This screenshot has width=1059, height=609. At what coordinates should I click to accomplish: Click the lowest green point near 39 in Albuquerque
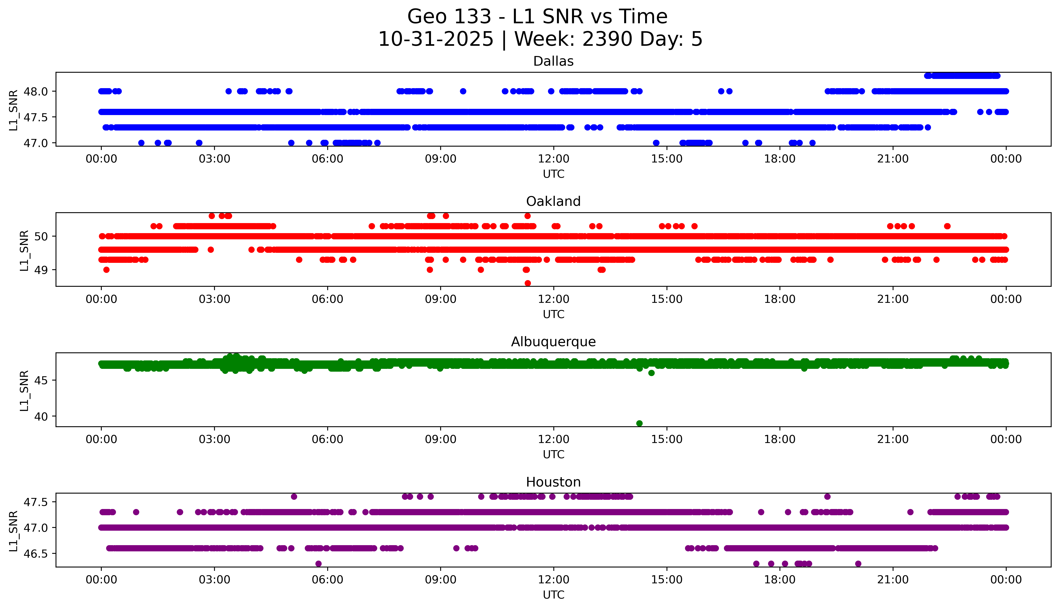tap(639, 423)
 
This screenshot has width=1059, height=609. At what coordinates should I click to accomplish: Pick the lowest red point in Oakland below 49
tap(527, 283)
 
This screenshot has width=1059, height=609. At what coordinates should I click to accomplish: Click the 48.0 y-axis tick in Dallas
tap(36, 91)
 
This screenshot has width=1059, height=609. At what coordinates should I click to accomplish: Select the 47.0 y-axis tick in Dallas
tap(36, 143)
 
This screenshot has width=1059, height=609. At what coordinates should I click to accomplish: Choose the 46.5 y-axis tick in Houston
tap(36, 553)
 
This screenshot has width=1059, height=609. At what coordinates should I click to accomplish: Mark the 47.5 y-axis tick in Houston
tap(36, 502)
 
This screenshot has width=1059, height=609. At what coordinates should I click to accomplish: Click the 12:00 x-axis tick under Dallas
tap(553, 159)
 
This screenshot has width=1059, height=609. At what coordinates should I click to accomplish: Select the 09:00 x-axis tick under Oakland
tap(440, 299)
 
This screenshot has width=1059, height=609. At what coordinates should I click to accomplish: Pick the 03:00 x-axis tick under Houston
tap(214, 580)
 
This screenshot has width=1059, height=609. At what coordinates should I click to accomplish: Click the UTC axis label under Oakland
tap(553, 314)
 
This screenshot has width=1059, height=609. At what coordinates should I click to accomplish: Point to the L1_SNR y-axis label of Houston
tap(13, 530)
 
